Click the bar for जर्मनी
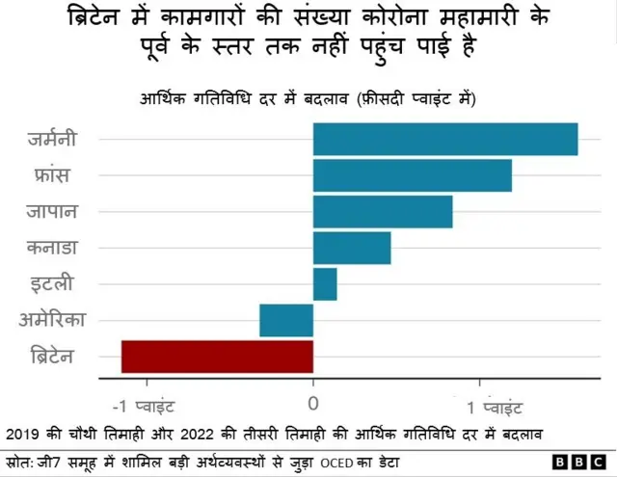click(445, 139)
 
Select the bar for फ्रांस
click(412, 175)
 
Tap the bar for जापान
click(383, 212)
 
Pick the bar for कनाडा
click(352, 248)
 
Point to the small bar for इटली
click(325, 284)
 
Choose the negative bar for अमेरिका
click(286, 320)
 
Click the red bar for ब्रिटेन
click(217, 357)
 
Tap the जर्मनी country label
click(65, 139)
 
